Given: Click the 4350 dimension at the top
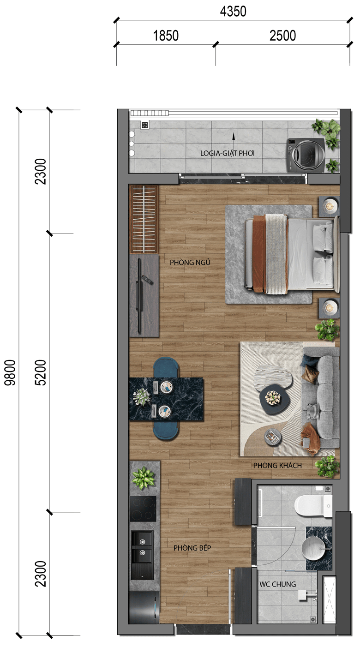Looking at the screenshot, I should coord(233,12).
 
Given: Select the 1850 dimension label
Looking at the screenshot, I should coord(166,36).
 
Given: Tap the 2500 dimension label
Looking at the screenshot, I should coord(282,36).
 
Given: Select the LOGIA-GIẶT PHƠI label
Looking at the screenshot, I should coord(228,153).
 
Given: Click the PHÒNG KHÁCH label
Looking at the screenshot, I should coord(277,466).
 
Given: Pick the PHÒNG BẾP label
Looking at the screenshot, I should coord(192,548).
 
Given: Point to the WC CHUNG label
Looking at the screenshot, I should coord(277,584).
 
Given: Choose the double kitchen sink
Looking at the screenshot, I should coord(142,555).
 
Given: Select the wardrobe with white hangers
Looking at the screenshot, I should coord(143,219).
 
